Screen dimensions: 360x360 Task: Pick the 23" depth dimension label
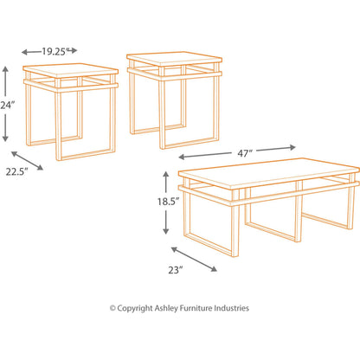pyautogui.click(x=177, y=269)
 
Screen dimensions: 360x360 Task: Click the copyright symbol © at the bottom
pyautogui.click(x=112, y=308)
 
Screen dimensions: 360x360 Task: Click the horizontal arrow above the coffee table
pyautogui.click(x=208, y=156)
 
